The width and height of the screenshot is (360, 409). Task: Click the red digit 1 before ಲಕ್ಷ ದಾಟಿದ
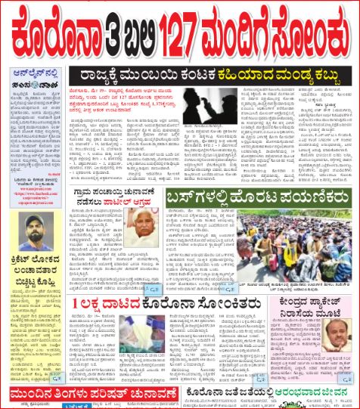tap(87, 305)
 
